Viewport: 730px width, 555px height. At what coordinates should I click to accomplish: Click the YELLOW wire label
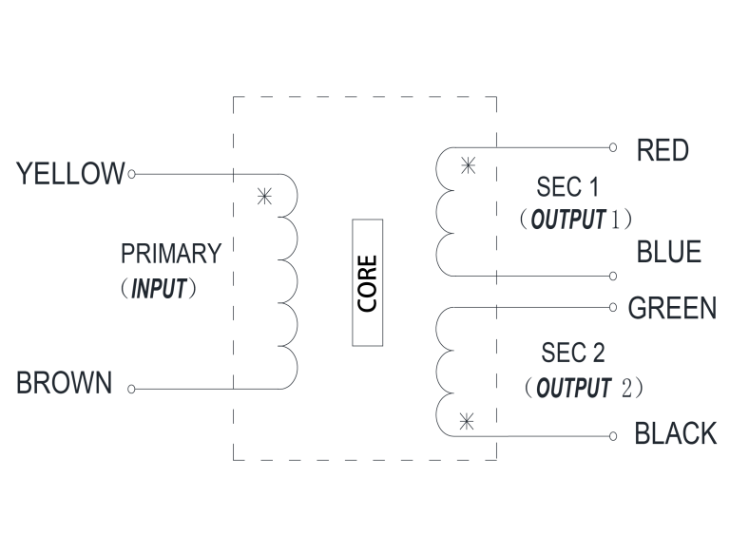70,174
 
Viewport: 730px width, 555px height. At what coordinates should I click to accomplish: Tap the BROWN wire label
65,385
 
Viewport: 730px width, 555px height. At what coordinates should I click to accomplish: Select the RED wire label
663,150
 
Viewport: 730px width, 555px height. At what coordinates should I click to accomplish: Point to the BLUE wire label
669,253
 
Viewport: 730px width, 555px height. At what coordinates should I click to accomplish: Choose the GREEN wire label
672,309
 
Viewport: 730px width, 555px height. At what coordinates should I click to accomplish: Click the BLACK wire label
675,434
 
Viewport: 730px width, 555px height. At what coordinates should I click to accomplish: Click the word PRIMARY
171,255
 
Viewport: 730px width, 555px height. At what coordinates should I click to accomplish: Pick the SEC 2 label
572,354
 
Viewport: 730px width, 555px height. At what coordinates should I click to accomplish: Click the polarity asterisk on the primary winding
263,198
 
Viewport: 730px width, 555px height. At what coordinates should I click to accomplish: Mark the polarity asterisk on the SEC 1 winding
467,166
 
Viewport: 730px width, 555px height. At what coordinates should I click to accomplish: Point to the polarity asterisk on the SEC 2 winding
466,420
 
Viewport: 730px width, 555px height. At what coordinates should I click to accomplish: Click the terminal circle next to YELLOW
131,174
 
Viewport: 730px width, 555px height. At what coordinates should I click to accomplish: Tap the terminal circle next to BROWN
131,389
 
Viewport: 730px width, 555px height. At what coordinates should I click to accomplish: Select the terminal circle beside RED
614,147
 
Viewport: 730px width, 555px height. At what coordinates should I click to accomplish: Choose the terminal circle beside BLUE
614,276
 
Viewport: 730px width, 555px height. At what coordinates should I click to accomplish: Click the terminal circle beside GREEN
614,307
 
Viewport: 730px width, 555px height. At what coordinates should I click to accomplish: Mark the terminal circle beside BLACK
614,436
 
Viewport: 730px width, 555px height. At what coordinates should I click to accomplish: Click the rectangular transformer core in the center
367,281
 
